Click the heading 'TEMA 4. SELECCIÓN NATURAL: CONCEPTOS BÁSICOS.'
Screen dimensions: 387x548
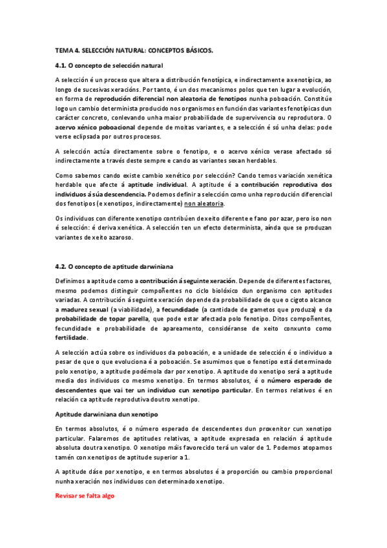click(134, 49)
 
